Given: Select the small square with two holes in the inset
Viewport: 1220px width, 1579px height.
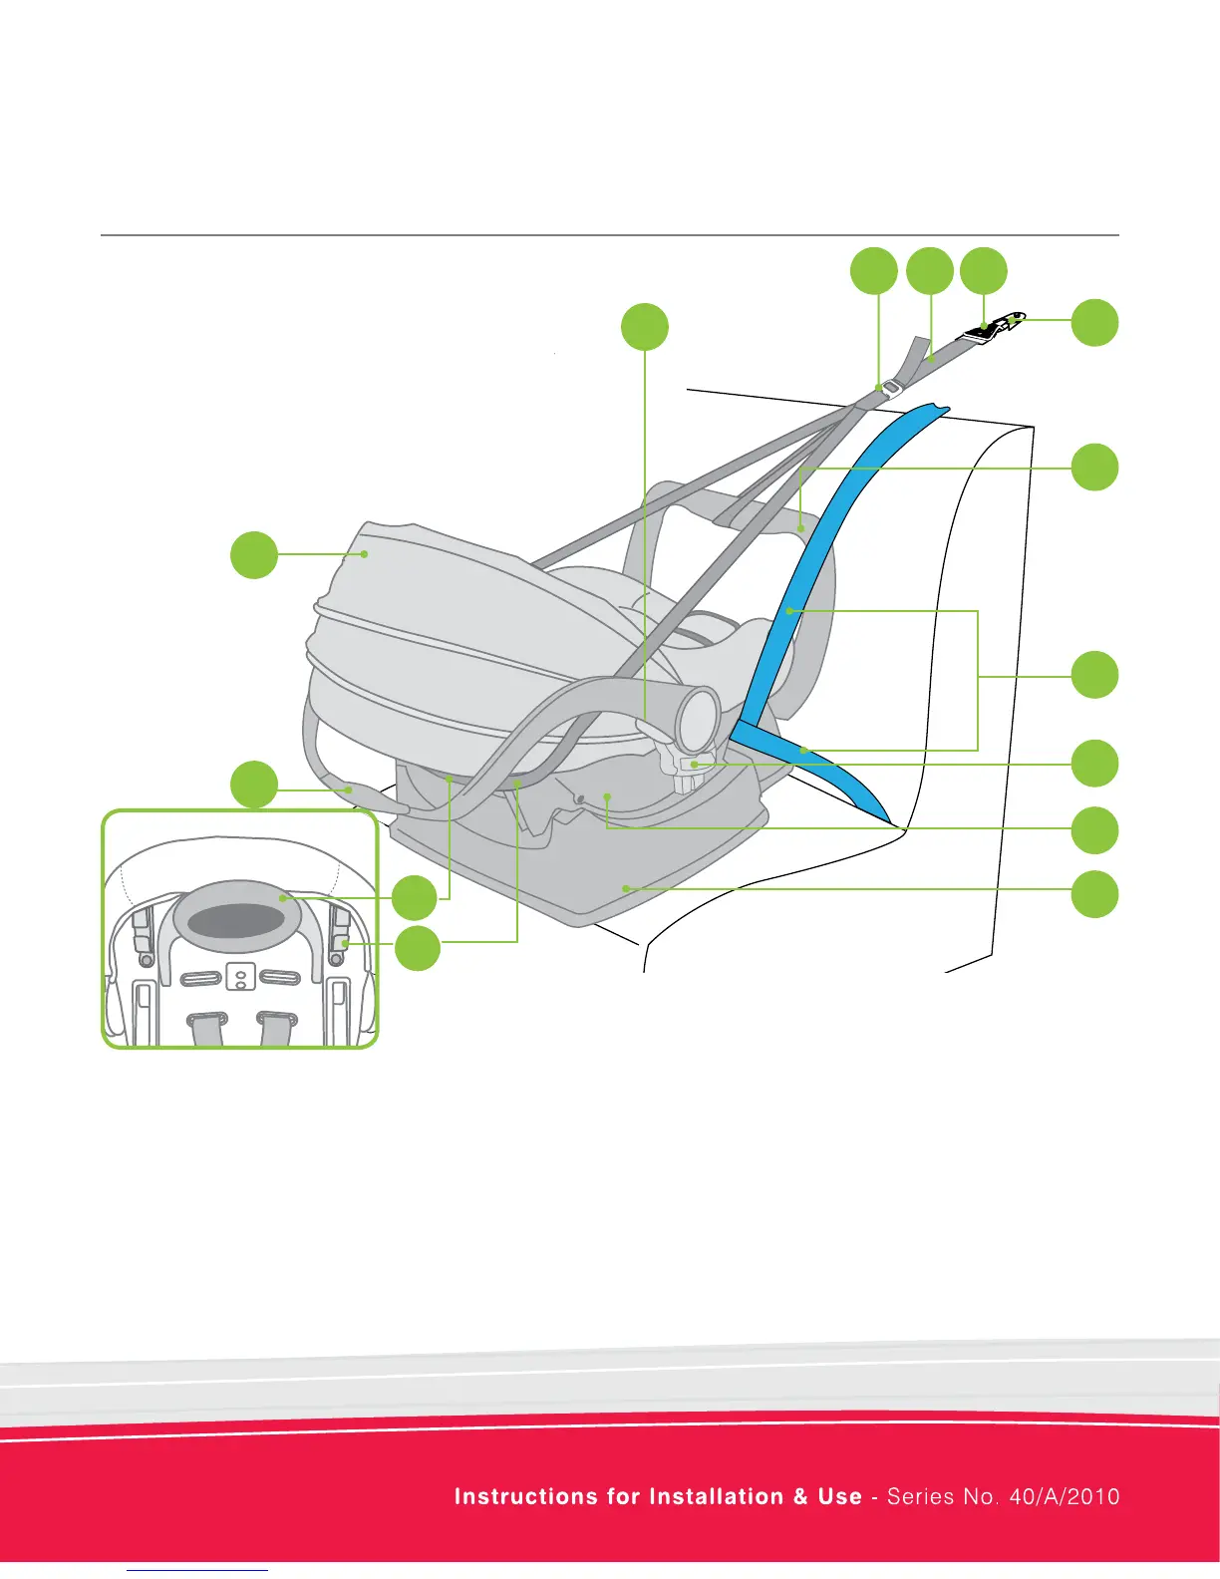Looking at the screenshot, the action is pos(238,977).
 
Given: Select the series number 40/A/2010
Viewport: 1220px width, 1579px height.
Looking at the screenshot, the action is pos(1064,1496).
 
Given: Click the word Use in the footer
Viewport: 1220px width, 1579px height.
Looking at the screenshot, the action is pos(839,1496).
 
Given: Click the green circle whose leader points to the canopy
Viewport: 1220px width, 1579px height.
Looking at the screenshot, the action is pos(254,554).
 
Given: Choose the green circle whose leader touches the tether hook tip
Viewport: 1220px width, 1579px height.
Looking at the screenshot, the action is pos(1094,322).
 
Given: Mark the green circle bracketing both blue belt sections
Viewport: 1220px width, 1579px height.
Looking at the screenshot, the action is pos(1094,675).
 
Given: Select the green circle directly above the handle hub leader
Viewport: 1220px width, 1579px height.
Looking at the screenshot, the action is pos(644,327).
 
